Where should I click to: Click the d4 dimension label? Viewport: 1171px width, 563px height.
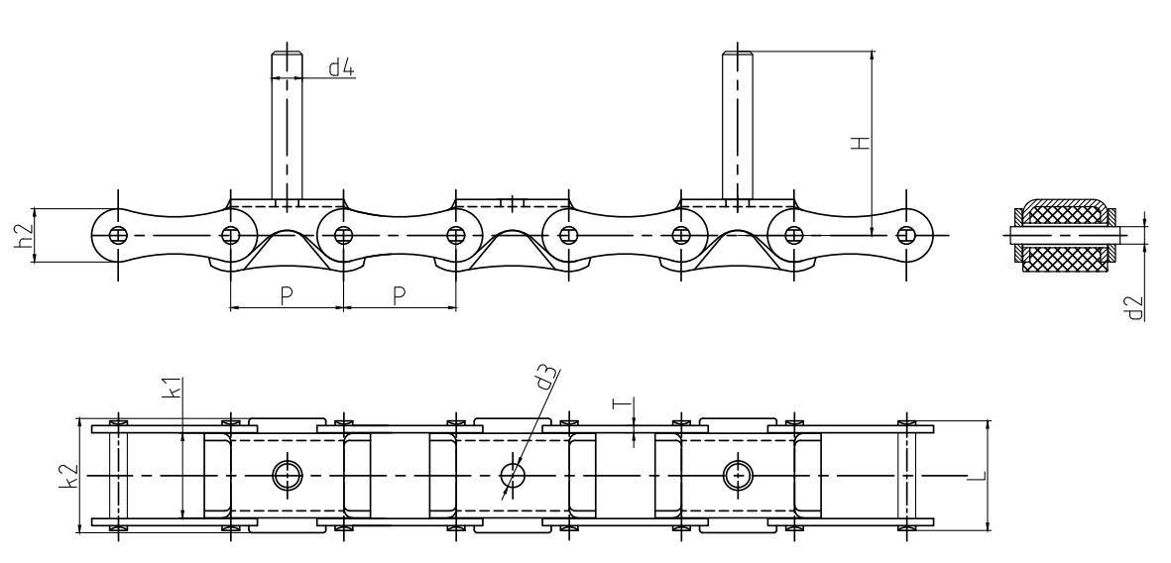pyautogui.click(x=341, y=68)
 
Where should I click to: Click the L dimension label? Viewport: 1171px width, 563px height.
pyautogui.click(x=977, y=477)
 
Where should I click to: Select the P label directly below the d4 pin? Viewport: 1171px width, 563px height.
pyautogui.click(x=286, y=296)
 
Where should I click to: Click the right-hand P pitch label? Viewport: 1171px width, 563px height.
pyautogui.click(x=399, y=296)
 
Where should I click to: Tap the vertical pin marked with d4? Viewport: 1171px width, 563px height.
pyautogui.click(x=287, y=124)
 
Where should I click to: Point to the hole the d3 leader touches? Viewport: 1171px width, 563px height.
pyautogui.click(x=513, y=476)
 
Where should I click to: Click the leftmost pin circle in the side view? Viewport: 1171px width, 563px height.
pyautogui.click(x=118, y=235)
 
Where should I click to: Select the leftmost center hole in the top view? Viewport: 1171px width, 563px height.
pyautogui.click(x=287, y=476)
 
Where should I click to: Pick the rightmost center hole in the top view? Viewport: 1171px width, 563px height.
pyautogui.click(x=738, y=476)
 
